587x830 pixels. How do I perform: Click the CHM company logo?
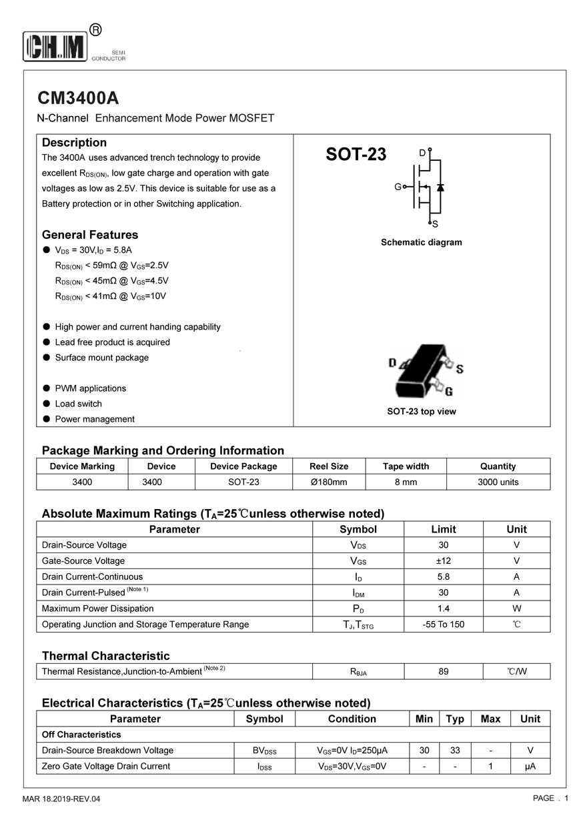pos(56,46)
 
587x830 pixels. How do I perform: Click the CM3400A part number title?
pos(78,98)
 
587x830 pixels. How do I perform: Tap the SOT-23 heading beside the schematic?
pos(356,155)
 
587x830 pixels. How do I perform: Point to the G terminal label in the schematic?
pos(398,187)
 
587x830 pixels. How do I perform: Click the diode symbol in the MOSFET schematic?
pos(440,187)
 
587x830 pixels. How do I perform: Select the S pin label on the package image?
pos(460,369)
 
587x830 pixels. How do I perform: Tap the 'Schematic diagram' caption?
pos(421,242)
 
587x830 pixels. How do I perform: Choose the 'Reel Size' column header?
pos(329,466)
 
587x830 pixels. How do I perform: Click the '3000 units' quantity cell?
pos(498,482)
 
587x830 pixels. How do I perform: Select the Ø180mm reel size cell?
pos(329,482)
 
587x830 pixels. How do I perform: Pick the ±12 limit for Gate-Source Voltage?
pos(444,561)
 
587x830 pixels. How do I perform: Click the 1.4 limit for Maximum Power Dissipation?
pos(444,608)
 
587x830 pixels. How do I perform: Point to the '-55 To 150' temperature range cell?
pos(444,625)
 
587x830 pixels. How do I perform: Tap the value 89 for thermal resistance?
pos(444,671)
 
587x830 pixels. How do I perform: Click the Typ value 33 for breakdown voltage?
pos(455,751)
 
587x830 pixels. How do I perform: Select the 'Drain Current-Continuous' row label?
pos(92,576)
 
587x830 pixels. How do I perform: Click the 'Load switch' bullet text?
pos(79,404)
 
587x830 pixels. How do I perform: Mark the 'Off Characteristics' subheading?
pos(81,735)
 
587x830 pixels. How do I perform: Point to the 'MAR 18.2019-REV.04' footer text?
pos(61,799)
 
